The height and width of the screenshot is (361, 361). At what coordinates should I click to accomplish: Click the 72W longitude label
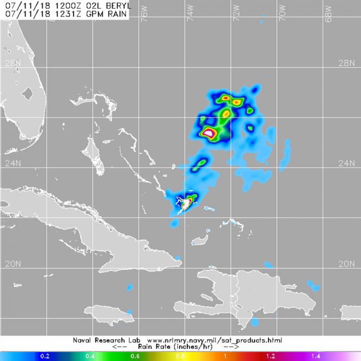point(236,15)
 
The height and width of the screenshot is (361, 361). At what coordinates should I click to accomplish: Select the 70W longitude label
point(282,15)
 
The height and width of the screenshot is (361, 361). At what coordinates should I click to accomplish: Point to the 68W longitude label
point(328,15)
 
